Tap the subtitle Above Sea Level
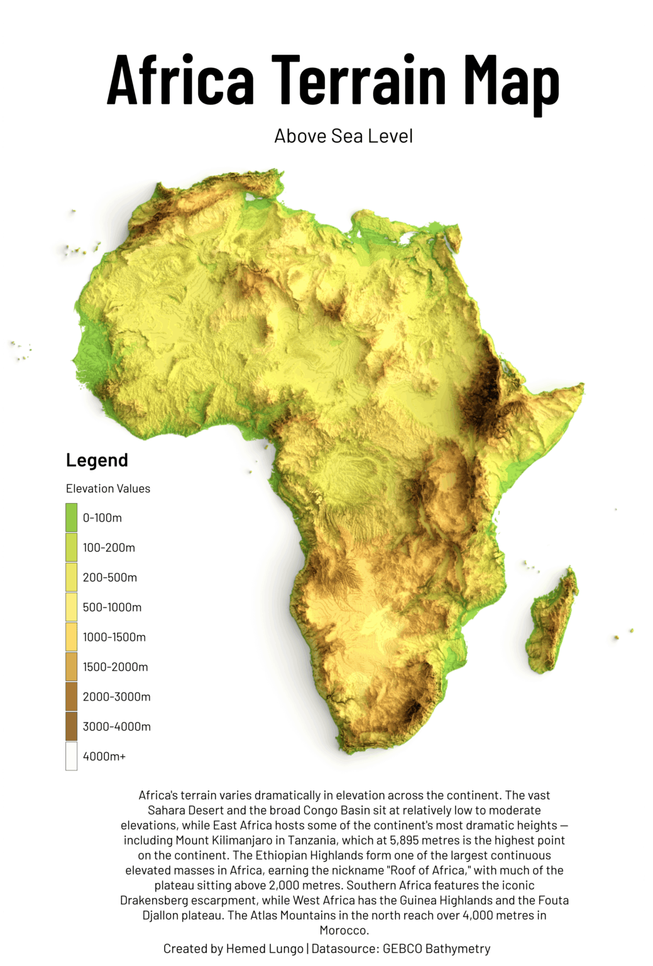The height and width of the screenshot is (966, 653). [343, 136]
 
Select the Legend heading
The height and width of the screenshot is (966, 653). [97, 460]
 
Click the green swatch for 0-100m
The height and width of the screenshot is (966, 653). [72, 518]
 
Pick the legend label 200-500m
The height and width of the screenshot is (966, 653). [110, 577]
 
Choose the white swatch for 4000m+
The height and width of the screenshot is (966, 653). [72, 756]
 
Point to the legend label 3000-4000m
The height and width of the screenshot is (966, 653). [117, 726]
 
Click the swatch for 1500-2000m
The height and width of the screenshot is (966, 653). [72, 667]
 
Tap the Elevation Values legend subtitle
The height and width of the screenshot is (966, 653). [108, 489]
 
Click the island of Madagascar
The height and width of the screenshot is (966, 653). [552, 623]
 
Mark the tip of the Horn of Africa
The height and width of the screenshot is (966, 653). [582, 385]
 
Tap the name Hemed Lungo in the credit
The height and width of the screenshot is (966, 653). [265, 948]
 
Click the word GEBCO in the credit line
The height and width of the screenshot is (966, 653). [402, 948]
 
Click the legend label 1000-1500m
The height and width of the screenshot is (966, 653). [114, 637]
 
